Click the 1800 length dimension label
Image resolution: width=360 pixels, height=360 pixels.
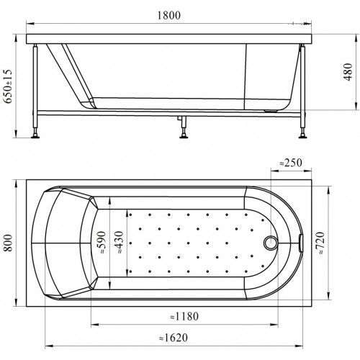(168, 15)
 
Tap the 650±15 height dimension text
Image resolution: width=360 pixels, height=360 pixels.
(8, 86)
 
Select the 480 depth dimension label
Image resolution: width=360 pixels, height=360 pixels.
(348, 72)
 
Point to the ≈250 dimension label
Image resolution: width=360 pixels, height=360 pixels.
(291, 163)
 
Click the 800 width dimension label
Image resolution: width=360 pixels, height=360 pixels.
(8, 243)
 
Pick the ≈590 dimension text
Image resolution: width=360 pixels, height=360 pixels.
(102, 243)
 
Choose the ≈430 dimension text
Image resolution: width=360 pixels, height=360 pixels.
(119, 242)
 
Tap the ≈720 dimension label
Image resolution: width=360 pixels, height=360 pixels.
(321, 243)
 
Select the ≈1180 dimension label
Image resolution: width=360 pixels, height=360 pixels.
(184, 316)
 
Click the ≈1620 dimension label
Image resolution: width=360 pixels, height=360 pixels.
(174, 338)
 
